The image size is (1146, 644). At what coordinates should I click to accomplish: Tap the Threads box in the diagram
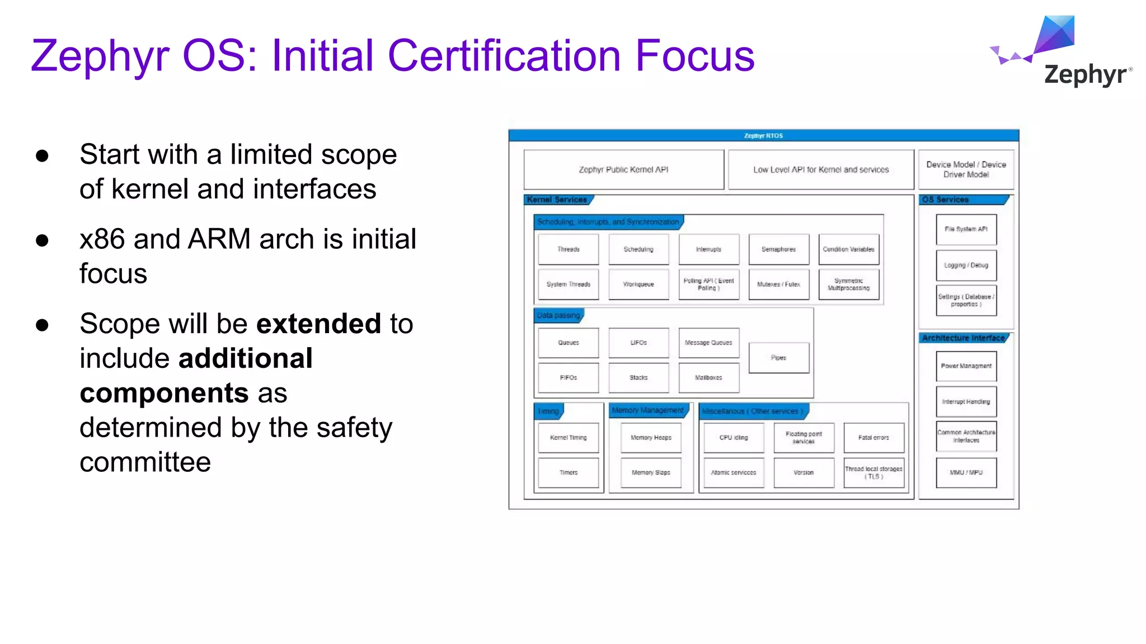[568, 249]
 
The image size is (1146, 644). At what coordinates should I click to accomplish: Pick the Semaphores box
[778, 249]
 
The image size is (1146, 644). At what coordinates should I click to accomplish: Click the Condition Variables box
[848, 249]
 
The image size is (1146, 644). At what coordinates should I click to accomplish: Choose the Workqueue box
[638, 285]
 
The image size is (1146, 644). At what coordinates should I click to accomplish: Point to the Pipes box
[778, 358]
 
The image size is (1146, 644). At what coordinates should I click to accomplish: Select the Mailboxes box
[708, 378]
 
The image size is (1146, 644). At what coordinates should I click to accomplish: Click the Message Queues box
[708, 343]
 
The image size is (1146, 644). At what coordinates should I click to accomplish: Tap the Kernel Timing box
[568, 438]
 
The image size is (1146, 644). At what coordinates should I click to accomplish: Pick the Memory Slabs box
[651, 473]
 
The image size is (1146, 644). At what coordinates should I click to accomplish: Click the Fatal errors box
[873, 438]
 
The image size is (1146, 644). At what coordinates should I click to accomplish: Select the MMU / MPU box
[966, 473]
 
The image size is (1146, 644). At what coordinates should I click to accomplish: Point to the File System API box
[966, 229]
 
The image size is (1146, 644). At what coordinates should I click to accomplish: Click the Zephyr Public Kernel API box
[623, 170]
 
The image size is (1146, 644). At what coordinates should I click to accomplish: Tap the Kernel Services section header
[557, 200]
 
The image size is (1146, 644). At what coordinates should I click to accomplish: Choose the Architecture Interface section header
[963, 338]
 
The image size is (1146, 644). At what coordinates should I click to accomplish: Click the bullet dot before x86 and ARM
[42, 240]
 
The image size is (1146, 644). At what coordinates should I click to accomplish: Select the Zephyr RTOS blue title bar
[763, 136]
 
